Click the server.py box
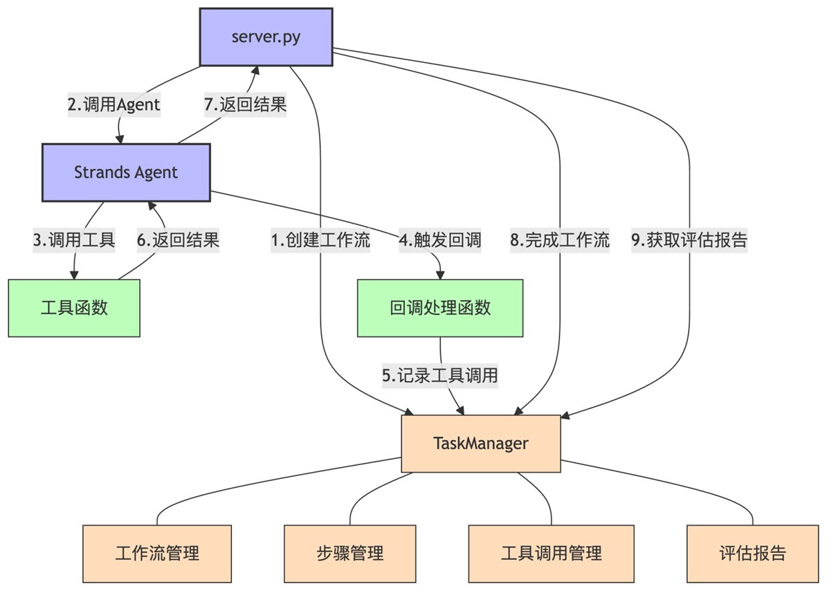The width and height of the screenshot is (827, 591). (266, 37)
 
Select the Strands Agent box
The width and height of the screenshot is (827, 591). (126, 172)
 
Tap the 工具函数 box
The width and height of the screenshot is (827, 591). (74, 308)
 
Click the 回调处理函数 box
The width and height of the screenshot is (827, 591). (440, 308)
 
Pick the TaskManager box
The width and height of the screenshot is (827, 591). (481, 444)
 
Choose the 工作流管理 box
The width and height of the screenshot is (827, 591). (157, 553)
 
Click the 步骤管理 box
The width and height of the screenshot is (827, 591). (349, 553)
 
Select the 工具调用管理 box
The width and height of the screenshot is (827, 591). (551, 553)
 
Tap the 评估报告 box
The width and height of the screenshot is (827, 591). (752, 553)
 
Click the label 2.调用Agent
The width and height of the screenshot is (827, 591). (113, 105)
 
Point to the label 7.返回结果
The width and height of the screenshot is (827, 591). (245, 105)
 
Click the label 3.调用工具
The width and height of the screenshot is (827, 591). (73, 240)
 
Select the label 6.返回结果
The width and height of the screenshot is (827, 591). (178, 240)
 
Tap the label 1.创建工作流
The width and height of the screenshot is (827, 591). (320, 240)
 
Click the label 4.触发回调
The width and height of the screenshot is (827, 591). (439, 240)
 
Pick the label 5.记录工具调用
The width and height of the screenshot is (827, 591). (440, 376)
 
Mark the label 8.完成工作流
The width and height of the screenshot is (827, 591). (559, 240)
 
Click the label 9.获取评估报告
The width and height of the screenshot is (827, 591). (689, 240)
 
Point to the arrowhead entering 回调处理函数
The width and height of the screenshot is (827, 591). (440, 275)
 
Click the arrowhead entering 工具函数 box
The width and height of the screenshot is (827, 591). (74, 275)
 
